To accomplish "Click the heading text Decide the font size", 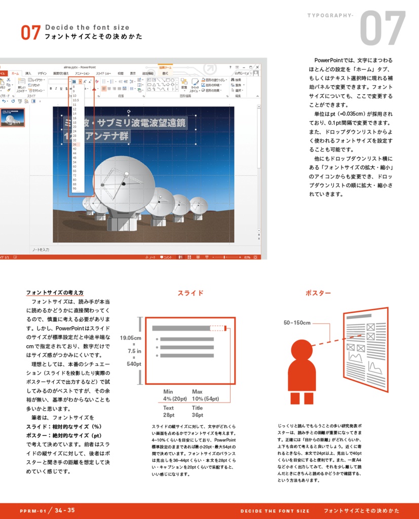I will click(87, 27).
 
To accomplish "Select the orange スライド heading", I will click(191, 293).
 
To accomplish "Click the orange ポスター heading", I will click(318, 293).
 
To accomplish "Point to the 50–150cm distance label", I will click(297, 322).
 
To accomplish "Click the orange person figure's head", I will click(301, 349).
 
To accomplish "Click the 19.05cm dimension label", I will click(131, 338).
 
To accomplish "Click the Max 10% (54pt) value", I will click(205, 395).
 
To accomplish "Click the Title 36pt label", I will click(197, 412).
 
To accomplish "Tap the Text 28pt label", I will click(169, 412).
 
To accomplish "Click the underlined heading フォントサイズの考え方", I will click(55, 293).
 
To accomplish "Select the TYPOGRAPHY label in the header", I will click(330, 15).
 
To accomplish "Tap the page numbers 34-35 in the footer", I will click(64, 510).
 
